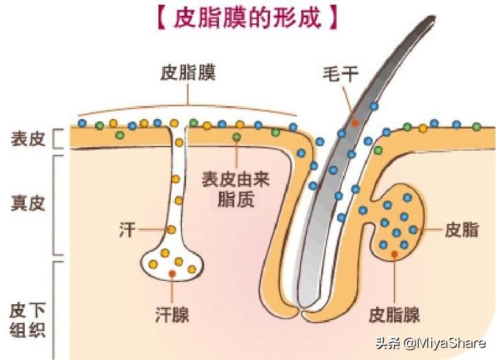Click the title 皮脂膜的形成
[x=248, y=17]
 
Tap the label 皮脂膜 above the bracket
[x=188, y=73]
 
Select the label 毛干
[x=340, y=74]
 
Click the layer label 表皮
[x=28, y=139]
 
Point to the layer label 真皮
[x=28, y=203]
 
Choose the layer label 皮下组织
[x=28, y=320]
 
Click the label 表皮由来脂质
[x=236, y=189]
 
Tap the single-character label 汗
[x=127, y=230]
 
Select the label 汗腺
[x=172, y=314]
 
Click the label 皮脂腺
[x=394, y=315]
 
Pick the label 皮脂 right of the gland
[x=462, y=229]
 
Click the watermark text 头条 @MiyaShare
[x=431, y=343]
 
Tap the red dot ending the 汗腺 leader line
[x=172, y=274]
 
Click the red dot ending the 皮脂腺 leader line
[x=395, y=254]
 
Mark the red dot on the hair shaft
[x=355, y=123]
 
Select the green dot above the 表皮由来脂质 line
[x=236, y=137]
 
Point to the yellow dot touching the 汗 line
[x=171, y=230]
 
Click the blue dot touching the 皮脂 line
[x=413, y=229]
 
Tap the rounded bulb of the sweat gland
[x=172, y=264]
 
